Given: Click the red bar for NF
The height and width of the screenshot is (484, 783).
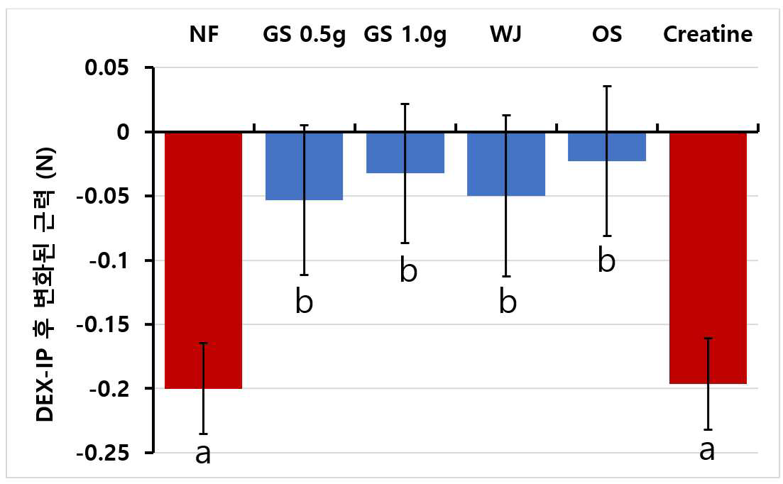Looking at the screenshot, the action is point(203,260).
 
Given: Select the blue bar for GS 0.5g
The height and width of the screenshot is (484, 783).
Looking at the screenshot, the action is point(304,166).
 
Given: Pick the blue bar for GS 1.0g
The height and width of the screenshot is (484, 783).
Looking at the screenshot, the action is point(405,153).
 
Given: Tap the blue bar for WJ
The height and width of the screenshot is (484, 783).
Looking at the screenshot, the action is point(506,164).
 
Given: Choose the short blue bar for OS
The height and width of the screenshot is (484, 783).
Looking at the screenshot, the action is point(607,147).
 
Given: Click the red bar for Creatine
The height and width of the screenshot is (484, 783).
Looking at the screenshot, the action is point(708,258).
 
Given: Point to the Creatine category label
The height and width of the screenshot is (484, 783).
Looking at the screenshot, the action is point(708,34).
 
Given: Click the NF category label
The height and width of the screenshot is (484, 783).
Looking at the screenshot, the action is point(204,34).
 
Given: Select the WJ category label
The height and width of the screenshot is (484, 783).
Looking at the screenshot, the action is point(506,34).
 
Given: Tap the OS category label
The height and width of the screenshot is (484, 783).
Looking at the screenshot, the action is point(607,34).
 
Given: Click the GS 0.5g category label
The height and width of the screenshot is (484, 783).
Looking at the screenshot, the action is point(304,35).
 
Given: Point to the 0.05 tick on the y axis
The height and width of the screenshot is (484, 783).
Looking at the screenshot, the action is point(107,67).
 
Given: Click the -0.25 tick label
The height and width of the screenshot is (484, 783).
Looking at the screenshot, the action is point(102,453).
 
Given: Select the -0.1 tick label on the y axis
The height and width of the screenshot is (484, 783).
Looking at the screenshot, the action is point(109,260).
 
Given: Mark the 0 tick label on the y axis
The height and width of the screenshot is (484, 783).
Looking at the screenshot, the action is point(123,132).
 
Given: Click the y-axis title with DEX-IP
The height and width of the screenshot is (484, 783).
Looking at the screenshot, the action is point(45,285).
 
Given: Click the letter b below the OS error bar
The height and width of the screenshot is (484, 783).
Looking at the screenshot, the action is point(607,260).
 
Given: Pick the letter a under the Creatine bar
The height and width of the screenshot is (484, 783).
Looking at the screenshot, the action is point(707,450).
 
